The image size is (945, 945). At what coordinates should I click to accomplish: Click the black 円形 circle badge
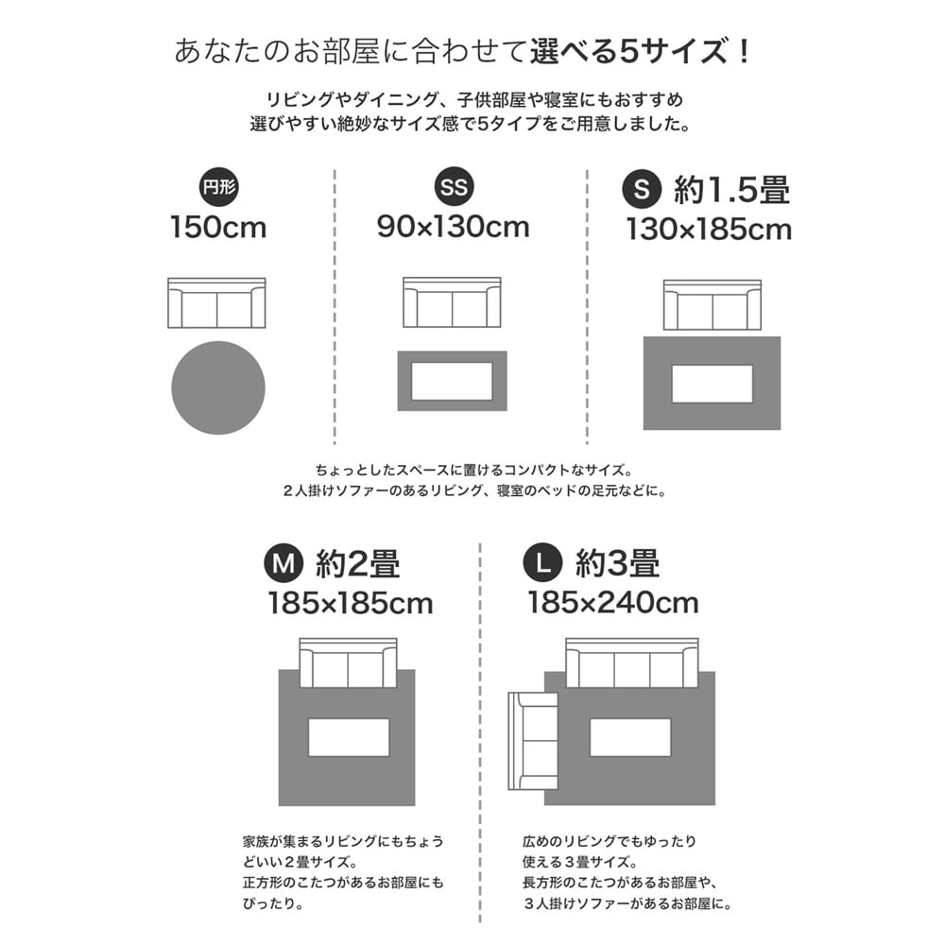[x=219, y=187]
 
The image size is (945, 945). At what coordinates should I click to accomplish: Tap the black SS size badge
[x=454, y=186]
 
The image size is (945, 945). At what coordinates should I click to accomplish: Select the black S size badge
[x=642, y=189]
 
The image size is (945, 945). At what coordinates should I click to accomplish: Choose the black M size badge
[x=283, y=563]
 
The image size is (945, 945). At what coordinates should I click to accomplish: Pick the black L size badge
[x=542, y=563]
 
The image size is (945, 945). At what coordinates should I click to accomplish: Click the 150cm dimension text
[x=218, y=228]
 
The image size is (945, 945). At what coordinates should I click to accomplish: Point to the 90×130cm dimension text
[x=454, y=227]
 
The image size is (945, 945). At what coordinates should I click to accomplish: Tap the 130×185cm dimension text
[x=709, y=230]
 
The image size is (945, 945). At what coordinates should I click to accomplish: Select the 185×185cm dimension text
[x=351, y=603]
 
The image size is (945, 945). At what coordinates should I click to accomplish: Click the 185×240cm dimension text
[x=613, y=603]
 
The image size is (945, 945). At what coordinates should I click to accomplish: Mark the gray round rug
[x=218, y=387]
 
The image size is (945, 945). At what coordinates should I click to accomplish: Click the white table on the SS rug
[x=452, y=381]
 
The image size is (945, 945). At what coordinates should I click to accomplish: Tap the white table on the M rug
[x=349, y=737]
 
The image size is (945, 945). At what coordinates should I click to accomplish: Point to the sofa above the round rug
[x=216, y=302]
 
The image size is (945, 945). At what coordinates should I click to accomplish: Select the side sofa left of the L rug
[x=533, y=741]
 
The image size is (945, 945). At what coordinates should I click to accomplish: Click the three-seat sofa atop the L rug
[x=632, y=662]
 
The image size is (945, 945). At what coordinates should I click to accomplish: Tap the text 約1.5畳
[x=731, y=189]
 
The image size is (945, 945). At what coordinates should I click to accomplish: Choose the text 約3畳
[x=617, y=563]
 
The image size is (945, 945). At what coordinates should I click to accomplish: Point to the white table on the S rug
[x=713, y=384]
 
